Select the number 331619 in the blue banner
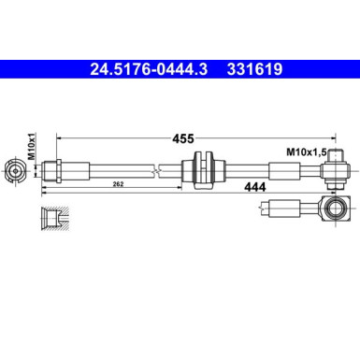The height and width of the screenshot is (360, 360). click(x=249, y=68)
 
